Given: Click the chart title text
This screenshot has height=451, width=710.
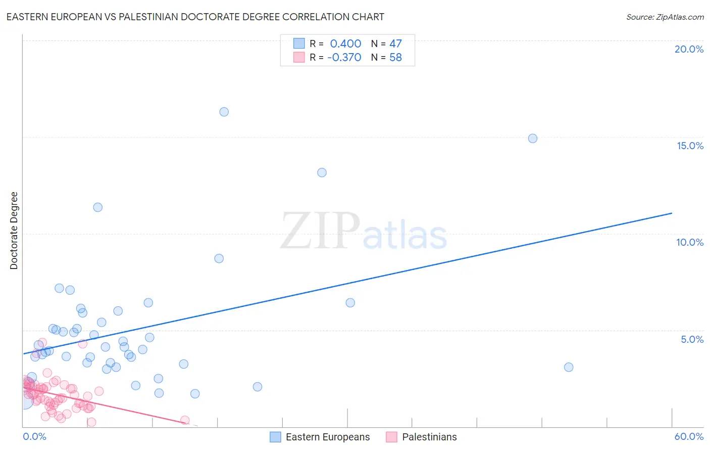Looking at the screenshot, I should tap(195, 17).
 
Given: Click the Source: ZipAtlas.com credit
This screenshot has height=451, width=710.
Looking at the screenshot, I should tap(665, 17).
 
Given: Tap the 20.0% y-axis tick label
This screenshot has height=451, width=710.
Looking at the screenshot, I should tap(689, 49).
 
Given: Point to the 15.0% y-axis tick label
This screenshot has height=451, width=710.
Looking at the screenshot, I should tap(690, 146).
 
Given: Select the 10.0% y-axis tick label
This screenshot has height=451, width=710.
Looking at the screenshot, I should tap(690, 242).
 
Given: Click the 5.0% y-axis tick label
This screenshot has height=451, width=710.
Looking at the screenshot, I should tap(692, 339).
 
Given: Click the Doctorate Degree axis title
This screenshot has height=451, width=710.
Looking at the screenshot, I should tap(14, 231).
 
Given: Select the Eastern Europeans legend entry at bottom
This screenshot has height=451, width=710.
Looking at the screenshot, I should tap(327, 437).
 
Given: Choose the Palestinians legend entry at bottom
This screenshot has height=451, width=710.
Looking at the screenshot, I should tap(429, 437).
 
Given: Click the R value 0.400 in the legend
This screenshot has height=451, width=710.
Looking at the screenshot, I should tap(345, 44).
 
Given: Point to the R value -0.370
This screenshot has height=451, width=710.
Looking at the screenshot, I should tap(344, 58).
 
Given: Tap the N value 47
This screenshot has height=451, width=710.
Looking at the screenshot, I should tap(395, 44).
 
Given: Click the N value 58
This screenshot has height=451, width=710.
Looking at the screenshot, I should tap(395, 58).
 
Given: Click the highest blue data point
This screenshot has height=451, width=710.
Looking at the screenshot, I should tap(224, 112).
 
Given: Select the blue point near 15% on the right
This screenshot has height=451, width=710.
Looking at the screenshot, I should tap(532, 139).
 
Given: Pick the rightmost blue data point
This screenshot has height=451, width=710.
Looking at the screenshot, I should tap(569, 368).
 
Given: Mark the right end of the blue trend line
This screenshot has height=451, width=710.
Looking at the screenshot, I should tap(672, 213).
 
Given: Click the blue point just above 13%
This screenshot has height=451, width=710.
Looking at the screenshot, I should tap(322, 172).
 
